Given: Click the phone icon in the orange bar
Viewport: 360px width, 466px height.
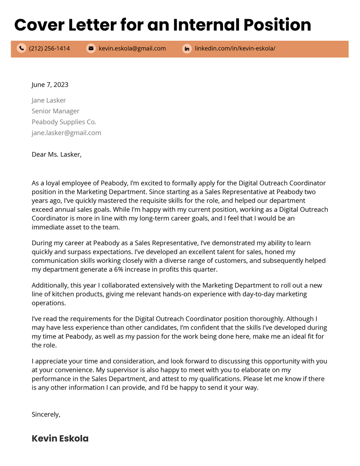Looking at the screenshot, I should point(22,48).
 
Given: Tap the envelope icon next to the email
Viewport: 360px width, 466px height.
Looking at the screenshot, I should point(91,48).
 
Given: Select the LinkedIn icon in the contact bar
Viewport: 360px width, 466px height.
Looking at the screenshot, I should point(187,48).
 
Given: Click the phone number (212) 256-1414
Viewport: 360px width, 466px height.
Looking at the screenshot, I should point(49,48).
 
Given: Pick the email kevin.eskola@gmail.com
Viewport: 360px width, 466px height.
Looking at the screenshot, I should point(132,48).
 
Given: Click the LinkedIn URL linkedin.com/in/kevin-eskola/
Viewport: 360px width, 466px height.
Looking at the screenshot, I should point(235,48).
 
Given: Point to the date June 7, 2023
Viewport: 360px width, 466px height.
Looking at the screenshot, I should point(50,85).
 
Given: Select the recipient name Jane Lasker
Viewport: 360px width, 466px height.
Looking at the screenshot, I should point(49,100).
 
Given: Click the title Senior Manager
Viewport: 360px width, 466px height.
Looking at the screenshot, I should point(55,111).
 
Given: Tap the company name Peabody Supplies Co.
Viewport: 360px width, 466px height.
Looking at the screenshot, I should point(64,122).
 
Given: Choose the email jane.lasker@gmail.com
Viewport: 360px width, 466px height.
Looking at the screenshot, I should point(66,132).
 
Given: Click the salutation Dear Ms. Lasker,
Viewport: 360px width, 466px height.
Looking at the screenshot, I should point(56,154).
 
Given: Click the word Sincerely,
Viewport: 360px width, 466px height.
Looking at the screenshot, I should point(46,414).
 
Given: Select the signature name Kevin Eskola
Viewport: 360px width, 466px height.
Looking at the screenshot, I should point(60,438).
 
